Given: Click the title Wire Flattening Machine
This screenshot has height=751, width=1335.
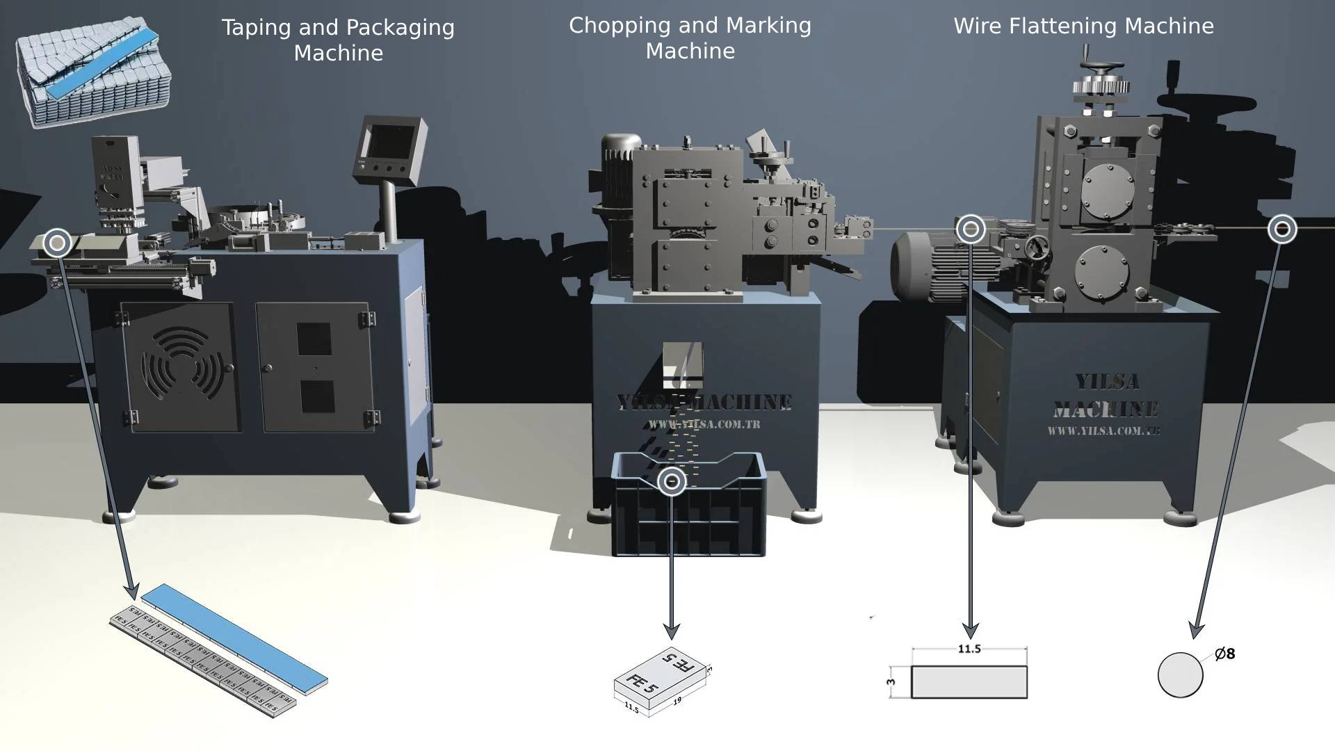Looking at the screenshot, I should (1083, 26).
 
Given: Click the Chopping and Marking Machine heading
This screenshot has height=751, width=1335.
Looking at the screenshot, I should (690, 38).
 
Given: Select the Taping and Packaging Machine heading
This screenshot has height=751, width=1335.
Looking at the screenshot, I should (338, 40).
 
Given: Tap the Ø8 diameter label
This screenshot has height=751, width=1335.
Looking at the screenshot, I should (1225, 654).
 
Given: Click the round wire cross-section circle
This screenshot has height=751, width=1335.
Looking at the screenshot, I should (1180, 675).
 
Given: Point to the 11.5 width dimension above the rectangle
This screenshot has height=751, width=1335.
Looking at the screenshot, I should (969, 649).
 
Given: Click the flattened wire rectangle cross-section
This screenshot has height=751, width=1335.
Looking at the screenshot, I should (969, 682).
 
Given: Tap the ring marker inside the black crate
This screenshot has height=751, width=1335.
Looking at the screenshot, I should (672, 481).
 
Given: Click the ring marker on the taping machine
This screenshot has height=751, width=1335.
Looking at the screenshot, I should (57, 243).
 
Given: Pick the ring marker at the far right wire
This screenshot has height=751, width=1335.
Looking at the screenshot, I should (1282, 229).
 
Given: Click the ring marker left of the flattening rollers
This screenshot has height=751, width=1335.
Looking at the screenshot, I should (971, 229).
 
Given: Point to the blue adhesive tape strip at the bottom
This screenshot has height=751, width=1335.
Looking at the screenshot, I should (234, 635).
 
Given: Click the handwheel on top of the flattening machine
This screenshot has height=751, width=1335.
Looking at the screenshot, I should (1099, 70).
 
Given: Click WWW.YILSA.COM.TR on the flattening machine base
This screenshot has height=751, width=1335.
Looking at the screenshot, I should (1103, 431).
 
